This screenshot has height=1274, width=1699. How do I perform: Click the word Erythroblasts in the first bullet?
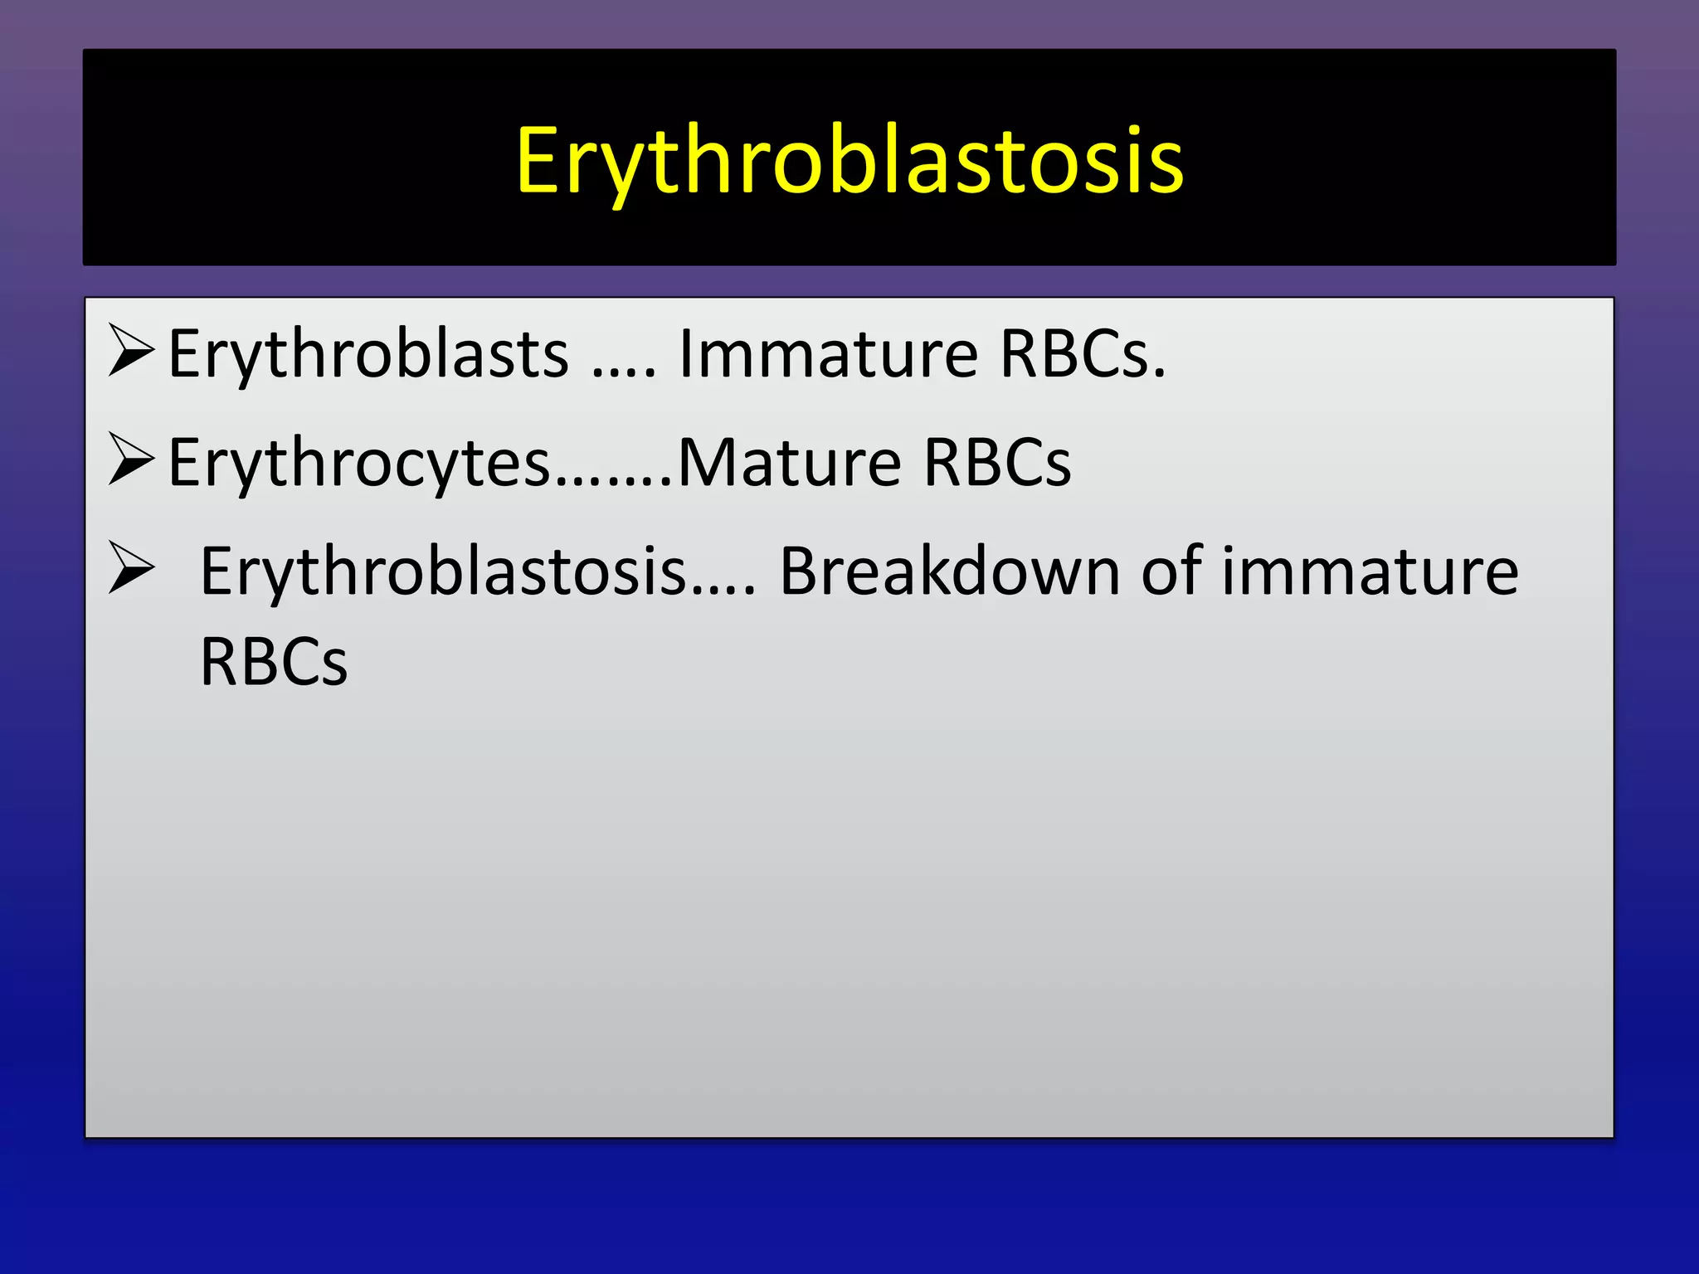coord(368,354)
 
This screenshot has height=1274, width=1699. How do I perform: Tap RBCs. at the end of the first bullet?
coord(1083,354)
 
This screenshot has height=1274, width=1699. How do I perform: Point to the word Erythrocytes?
coord(358,463)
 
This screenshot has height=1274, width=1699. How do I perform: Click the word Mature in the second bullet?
coord(789,463)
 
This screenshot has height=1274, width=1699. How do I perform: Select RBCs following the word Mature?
coord(996,463)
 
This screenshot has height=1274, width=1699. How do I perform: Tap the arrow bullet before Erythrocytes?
coord(131,460)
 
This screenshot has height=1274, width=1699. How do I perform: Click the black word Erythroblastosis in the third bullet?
coord(443,571)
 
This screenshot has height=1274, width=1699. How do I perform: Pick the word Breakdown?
coord(950,571)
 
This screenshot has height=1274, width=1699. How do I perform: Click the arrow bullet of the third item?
coord(131,569)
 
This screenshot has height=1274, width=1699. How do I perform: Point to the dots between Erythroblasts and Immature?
coord(624,373)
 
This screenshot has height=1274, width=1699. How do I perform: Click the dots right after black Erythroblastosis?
coord(723,590)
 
